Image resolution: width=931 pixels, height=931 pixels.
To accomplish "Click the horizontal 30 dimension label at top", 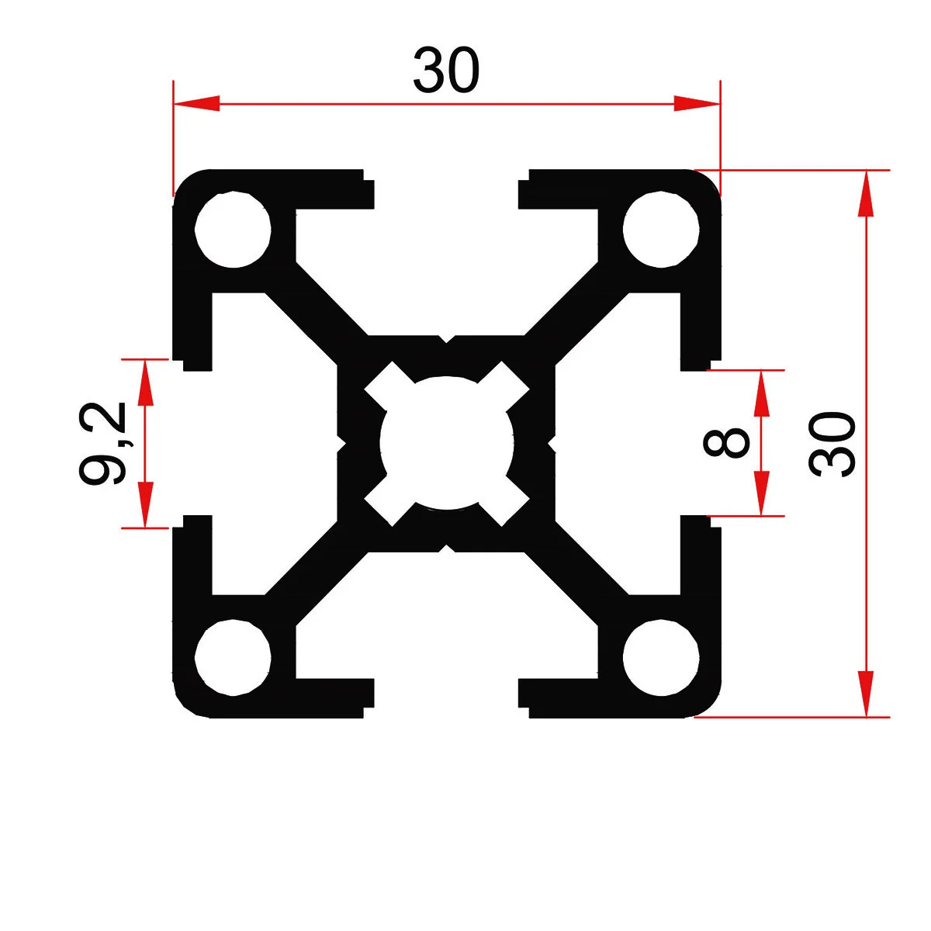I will click(446, 71).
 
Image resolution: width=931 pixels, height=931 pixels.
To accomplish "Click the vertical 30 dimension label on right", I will click(832, 443).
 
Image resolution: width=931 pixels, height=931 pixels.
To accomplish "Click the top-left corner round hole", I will click(233, 230).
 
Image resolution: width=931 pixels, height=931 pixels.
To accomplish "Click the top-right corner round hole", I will click(661, 230).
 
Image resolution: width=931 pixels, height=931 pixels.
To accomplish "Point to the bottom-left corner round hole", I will click(233, 656).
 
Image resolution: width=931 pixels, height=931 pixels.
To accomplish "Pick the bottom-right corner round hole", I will click(661, 656).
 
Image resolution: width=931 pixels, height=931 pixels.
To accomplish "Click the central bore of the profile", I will click(447, 443).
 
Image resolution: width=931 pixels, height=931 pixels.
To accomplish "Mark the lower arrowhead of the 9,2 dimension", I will click(144, 505).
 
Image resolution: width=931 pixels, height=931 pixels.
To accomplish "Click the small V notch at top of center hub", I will click(447, 339).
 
